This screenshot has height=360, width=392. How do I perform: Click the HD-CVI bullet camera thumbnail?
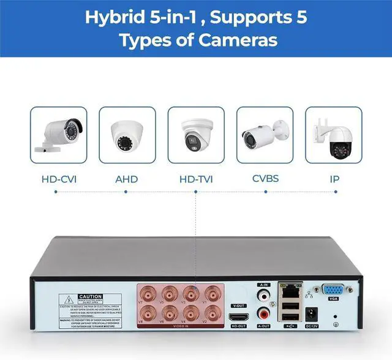(x=59, y=135)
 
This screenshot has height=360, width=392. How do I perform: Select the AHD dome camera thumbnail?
(x=127, y=135)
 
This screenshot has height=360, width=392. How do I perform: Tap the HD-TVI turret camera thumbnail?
(x=196, y=135)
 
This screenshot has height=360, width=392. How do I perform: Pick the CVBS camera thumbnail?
(x=265, y=135)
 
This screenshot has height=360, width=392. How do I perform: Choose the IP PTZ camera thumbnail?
(x=334, y=135)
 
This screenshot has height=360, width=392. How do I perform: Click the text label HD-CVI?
(x=59, y=179)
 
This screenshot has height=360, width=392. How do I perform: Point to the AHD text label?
(x=127, y=179)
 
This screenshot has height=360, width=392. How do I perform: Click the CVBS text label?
(x=265, y=179)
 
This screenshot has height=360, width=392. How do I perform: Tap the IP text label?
(x=334, y=179)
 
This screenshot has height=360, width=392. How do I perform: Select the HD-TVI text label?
(x=196, y=179)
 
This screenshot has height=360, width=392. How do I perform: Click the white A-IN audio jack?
(x=264, y=295)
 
